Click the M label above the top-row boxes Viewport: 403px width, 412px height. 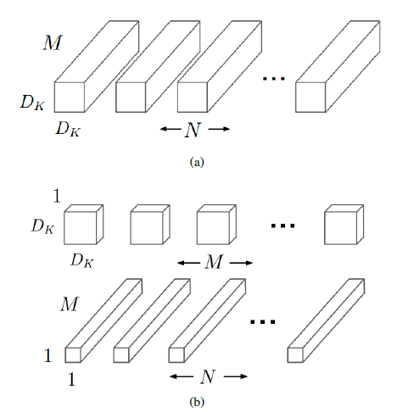pos(52,42)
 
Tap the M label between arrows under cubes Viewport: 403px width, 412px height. pos(215,263)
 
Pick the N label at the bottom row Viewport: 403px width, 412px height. pos(208,375)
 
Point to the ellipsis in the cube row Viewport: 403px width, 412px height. pos(283,226)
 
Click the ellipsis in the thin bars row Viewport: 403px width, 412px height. pos(265,322)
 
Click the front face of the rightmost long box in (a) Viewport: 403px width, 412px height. pos(311,97)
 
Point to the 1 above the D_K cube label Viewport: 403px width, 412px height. pos(57,198)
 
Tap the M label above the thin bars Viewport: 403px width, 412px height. pos(70,303)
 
